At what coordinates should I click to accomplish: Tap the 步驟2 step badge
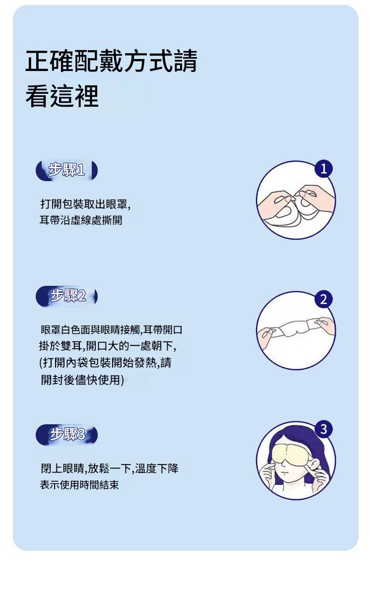67,297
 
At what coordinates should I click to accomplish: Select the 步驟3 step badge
67,435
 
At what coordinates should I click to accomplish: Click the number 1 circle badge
323,169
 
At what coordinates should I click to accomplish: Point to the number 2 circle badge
323,300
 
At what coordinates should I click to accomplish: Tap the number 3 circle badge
323,429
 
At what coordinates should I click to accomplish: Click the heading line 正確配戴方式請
112,61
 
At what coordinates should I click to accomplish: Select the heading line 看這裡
62,96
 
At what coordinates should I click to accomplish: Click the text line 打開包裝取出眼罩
85,204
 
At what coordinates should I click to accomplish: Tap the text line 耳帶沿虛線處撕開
81,220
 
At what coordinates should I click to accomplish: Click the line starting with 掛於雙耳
107,345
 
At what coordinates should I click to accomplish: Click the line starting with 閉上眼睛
109,468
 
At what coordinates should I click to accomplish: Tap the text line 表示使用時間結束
79,485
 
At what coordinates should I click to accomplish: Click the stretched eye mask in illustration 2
296,329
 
